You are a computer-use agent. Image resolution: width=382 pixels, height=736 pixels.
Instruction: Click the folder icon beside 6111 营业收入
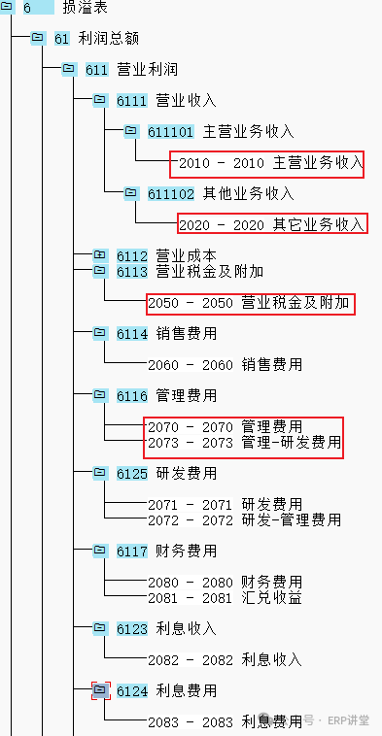(x=100, y=100)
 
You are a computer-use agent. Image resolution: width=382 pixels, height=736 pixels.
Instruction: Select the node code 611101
(x=170, y=131)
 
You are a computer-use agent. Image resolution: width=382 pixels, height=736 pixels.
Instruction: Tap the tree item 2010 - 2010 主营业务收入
(x=271, y=162)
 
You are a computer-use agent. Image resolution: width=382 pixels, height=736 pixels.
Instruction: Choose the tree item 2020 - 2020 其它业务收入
(x=271, y=225)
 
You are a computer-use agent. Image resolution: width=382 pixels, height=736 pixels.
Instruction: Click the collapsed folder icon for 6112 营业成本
(x=100, y=255)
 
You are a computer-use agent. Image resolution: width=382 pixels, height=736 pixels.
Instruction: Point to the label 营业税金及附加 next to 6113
(x=210, y=271)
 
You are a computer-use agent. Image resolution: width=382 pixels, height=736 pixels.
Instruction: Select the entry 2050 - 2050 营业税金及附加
(x=249, y=303)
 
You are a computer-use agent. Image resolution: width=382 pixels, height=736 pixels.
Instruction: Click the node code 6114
(x=132, y=334)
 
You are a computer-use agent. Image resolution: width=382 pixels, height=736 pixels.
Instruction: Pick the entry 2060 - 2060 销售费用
(x=226, y=365)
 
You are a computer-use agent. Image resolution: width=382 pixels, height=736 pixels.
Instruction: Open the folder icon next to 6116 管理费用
(x=100, y=396)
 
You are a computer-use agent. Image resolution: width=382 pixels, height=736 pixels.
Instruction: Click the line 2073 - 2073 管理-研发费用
(x=245, y=443)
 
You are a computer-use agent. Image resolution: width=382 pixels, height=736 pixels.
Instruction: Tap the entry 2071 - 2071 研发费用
(x=226, y=505)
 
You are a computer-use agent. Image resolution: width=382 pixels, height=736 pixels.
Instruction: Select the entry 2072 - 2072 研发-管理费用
(x=245, y=520)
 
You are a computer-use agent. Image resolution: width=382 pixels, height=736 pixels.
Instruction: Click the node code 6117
(x=132, y=552)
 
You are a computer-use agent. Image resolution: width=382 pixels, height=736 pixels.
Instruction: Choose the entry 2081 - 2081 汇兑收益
(x=226, y=597)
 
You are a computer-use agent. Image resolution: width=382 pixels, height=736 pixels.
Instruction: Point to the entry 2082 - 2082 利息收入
(x=226, y=660)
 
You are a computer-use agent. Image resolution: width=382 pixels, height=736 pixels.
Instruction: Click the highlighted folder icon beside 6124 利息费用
(x=100, y=690)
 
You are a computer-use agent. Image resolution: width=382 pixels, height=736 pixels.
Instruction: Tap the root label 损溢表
(x=85, y=8)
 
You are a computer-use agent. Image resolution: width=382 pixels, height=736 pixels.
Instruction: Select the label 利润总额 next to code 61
(x=109, y=39)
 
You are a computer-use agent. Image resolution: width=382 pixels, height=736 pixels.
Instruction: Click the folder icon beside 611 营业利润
(x=69, y=69)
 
